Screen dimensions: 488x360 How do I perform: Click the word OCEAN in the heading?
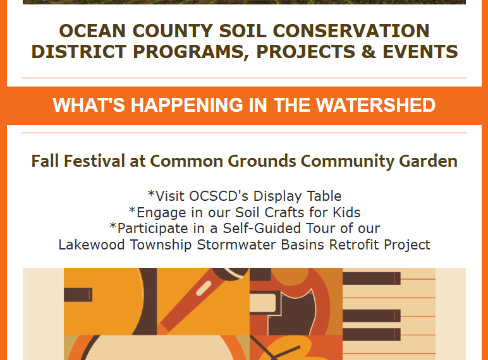pos(92,31)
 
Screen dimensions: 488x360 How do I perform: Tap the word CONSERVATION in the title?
pos(351,31)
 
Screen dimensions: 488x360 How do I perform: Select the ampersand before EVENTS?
pos(369,52)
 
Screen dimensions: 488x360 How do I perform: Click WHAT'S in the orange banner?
pos(88,105)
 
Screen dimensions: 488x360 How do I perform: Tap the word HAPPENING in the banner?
pos(186,105)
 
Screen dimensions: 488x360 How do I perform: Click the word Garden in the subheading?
pos(428,161)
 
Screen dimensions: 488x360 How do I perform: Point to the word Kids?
pos(346,212)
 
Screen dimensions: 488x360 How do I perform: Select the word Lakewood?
pos(92,244)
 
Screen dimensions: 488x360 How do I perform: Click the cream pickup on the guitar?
pos(263,303)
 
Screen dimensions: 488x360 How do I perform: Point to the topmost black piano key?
pos(372,279)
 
